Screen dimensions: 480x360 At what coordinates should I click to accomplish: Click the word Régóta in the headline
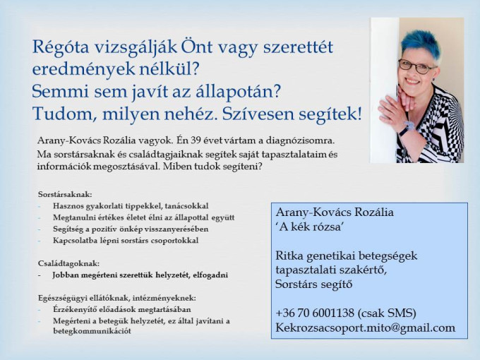(x=61, y=47)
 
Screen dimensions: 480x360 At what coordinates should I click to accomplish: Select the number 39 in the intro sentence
(x=197, y=140)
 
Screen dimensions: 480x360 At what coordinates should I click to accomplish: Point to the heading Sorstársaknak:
(x=65, y=194)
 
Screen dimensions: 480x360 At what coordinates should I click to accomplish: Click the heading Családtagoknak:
(x=68, y=263)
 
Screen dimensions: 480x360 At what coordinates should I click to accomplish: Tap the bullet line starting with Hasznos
(x=131, y=206)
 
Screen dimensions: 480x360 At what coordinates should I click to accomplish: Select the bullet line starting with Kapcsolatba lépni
(x=126, y=241)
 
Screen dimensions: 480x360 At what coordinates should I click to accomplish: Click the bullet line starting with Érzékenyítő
(x=122, y=309)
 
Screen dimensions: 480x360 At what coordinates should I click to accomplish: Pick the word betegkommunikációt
(x=92, y=331)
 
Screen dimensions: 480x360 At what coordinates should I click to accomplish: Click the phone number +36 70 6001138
(x=315, y=313)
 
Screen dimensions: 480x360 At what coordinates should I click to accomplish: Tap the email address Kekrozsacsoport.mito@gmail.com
(x=365, y=328)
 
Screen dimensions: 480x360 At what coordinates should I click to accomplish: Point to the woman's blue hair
(x=421, y=43)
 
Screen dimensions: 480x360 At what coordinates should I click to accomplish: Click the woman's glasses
(x=416, y=66)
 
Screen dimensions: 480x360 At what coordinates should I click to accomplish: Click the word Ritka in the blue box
(x=289, y=256)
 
